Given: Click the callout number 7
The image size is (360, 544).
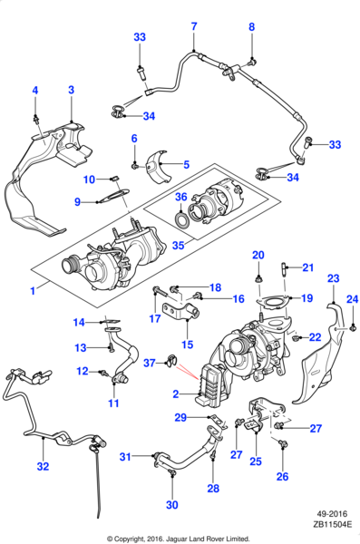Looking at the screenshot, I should point(193,26).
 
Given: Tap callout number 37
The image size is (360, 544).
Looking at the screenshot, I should point(149,363).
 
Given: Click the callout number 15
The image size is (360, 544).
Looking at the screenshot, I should point(188,344).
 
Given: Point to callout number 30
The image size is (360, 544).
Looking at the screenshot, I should point(171,504).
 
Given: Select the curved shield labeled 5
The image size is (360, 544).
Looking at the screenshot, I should point(161,167).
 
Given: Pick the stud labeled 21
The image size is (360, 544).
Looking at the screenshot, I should point(284,267).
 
